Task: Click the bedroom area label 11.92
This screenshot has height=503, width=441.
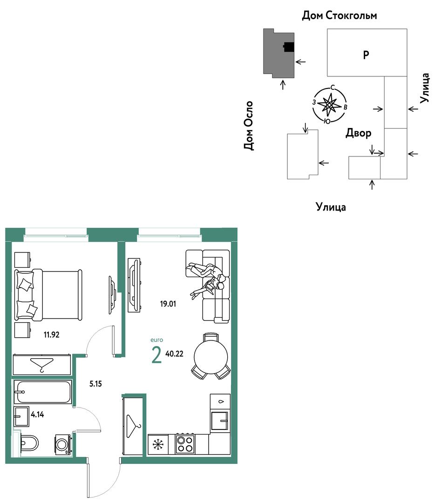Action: pos(52,334)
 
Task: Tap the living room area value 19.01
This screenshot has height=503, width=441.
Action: pos(168,304)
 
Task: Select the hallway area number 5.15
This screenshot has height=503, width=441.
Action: pos(95,384)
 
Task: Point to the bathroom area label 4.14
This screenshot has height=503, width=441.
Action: pos(37,415)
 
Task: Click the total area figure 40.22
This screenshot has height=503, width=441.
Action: pos(175,354)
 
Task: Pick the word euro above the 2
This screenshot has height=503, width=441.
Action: pos(157,340)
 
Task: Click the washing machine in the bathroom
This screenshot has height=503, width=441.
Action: pos(63,445)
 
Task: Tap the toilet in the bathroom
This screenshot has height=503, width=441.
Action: pos(28,443)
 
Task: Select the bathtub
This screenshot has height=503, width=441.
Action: pos(42,392)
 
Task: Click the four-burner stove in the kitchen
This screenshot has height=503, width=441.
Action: pos(185,444)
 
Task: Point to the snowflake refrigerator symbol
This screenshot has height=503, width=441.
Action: pos(158,444)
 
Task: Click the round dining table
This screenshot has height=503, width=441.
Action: pos(211,356)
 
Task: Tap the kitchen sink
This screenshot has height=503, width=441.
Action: pos(220,421)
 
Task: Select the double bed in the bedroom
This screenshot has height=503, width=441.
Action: pos(48,295)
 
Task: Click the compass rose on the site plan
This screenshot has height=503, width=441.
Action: pos(330,105)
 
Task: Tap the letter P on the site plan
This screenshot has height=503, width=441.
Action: pos(366,55)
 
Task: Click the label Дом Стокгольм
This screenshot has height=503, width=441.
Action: pos(339,15)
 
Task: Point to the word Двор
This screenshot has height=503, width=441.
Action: pos(358,133)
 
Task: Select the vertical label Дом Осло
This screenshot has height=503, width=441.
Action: pos(249,126)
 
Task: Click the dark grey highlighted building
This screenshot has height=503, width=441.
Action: pos(278,53)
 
